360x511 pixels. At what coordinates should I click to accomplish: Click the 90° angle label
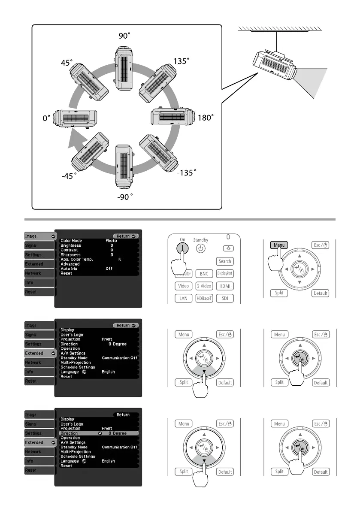124,36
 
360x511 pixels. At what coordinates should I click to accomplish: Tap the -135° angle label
187,172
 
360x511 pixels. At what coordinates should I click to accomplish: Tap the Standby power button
201,248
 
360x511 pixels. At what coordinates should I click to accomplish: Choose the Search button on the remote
225,261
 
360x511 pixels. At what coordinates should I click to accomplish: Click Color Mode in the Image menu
71,241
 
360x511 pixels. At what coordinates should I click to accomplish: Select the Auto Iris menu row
69,268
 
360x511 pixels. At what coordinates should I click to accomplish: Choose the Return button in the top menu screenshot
126,236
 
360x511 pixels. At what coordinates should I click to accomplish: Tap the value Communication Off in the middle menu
120,358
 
